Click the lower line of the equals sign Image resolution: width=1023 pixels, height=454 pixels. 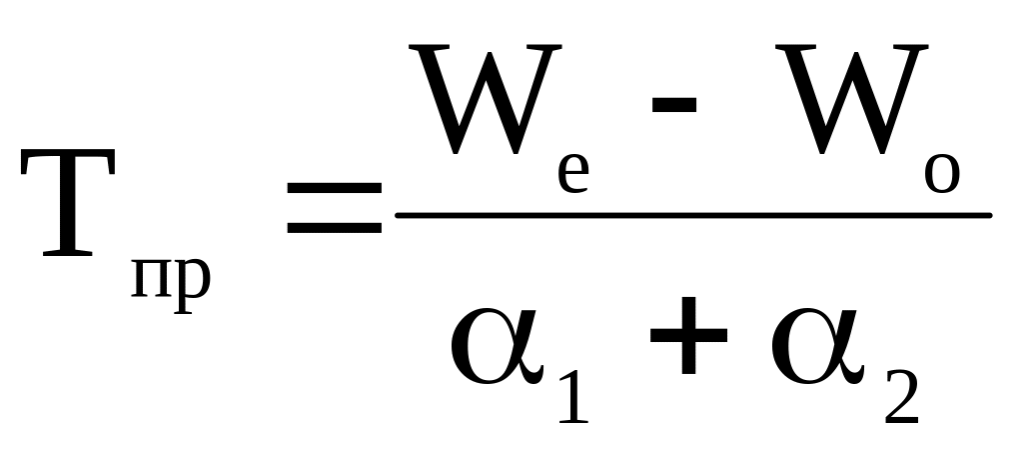(333, 227)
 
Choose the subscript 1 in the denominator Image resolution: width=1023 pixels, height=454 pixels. (573, 393)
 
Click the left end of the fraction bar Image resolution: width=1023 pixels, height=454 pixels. (400, 215)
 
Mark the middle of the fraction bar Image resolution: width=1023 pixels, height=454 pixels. (693, 215)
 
